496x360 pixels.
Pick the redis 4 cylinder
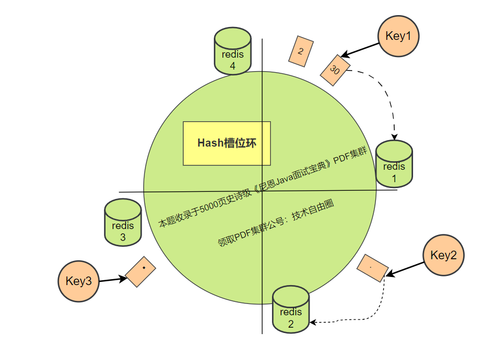coord(233,52)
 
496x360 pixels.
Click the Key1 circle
coord(399,36)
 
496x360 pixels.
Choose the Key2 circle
coord(443,255)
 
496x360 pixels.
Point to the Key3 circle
coord(79,281)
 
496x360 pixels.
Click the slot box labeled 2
coord(301,52)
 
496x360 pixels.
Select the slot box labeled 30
coord(335,70)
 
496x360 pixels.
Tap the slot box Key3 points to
coord(141,271)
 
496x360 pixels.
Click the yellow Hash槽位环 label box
coord(227,143)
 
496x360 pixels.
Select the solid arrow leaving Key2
coord(405,270)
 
